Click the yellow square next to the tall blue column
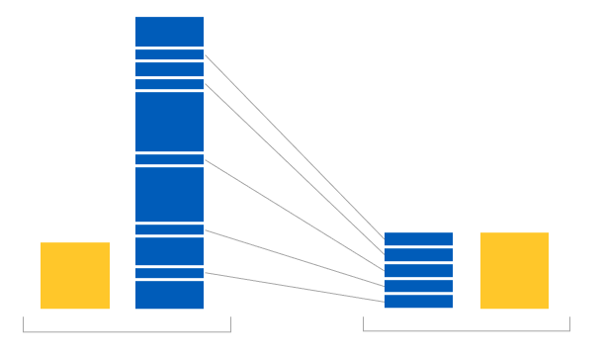click(x=75, y=275)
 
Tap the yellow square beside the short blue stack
click(x=514, y=270)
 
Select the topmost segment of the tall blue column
click(x=169, y=31)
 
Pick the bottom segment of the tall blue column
click(x=169, y=296)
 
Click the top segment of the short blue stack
click(x=418, y=238)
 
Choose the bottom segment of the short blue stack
click(x=418, y=302)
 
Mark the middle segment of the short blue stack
click(x=418, y=270)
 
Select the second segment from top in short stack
click(x=418, y=254)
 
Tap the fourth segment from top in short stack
click(x=418, y=286)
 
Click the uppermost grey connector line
click(x=294, y=146)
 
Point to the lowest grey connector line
click(x=294, y=287)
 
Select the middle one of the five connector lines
click(x=294, y=215)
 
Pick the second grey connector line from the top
click(x=294, y=171)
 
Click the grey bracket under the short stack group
click(x=466, y=330)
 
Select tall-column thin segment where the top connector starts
click(x=169, y=54)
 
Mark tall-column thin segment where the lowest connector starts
click(x=169, y=273)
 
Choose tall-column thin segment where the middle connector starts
click(x=169, y=159)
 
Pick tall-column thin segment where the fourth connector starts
click(x=169, y=229)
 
